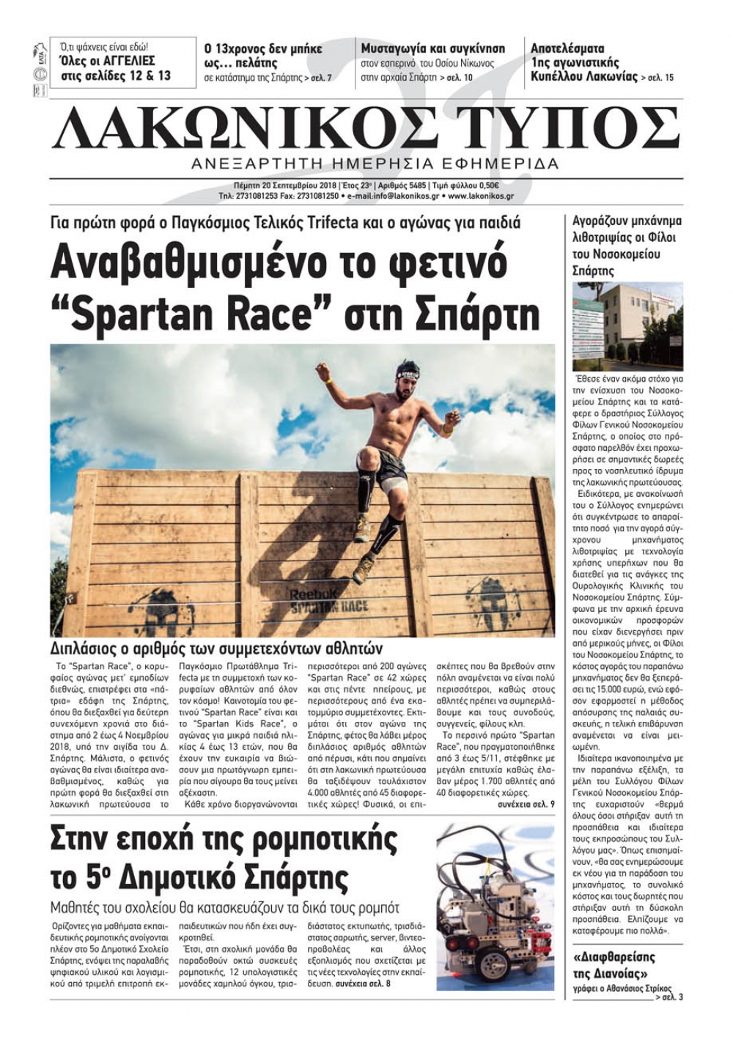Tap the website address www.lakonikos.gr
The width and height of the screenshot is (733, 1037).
480,196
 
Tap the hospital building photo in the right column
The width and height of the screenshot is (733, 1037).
627,326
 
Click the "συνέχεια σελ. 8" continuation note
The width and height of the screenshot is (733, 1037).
363,983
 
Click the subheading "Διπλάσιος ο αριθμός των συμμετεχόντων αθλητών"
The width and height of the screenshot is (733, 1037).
216,649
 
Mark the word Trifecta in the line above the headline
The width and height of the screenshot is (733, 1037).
347,221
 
